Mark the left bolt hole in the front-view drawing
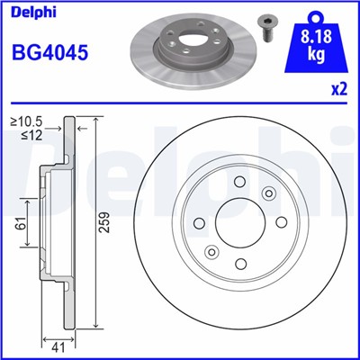pyautogui.click(x=197, y=222)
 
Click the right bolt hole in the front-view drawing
pyautogui.click(x=282, y=222)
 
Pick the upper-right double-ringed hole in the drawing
pyautogui.click(x=267, y=194)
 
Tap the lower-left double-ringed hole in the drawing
pyautogui.click(x=212, y=251)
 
